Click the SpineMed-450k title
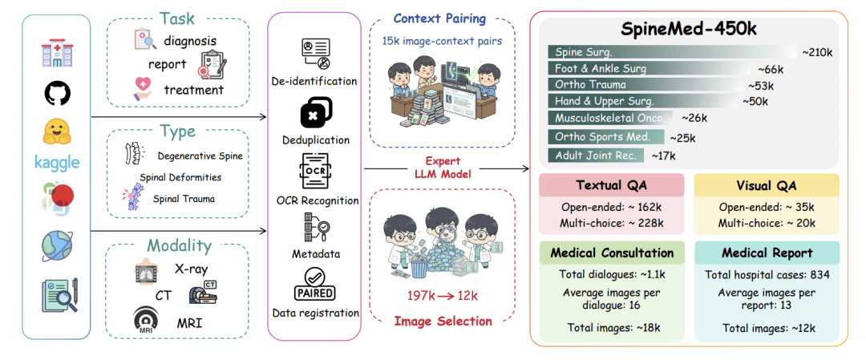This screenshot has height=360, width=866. pyautogui.click(x=690, y=30)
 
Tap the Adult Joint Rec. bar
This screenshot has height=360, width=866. pyautogui.click(x=598, y=155)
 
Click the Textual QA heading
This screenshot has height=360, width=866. pyautogui.click(x=611, y=185)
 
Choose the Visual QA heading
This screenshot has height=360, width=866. pyautogui.click(x=766, y=185)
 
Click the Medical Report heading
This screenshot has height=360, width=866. pyautogui.click(x=766, y=253)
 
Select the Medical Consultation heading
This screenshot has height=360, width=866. pyautogui.click(x=612, y=253)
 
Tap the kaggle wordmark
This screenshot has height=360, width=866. pyautogui.click(x=57, y=163)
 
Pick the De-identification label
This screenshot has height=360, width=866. pyautogui.click(x=315, y=81)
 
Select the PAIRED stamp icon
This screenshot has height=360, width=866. pyautogui.click(x=315, y=285)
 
